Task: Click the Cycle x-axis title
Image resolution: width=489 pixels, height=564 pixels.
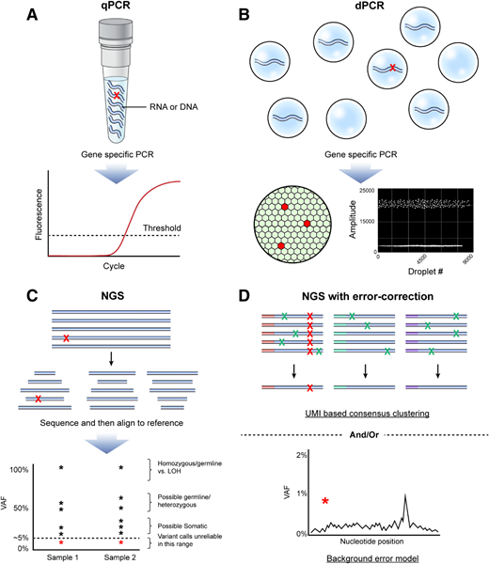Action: [123, 266]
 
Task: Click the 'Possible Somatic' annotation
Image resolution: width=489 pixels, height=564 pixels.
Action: [209, 523]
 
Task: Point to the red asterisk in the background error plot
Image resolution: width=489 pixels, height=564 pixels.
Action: [324, 502]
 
